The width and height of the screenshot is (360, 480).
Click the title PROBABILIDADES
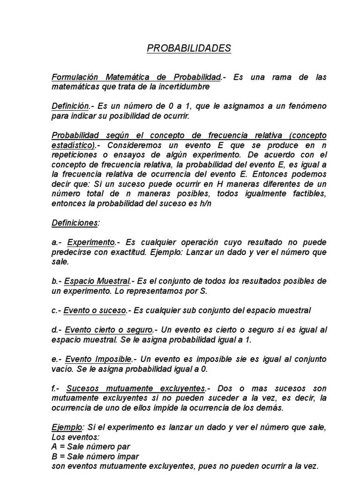point(189,48)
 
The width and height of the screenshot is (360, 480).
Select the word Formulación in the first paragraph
point(74,77)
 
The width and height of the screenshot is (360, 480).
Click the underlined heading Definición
point(70,107)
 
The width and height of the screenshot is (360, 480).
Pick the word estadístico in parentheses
point(73,145)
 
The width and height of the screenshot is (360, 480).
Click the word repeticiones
point(74,155)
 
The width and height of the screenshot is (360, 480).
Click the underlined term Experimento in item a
point(91,242)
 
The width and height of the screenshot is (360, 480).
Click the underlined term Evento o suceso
point(95,310)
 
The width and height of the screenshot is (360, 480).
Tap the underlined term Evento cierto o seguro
point(109,330)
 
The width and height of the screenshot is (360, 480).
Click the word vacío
point(62,369)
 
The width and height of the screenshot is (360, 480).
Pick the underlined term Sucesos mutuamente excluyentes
point(136,389)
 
